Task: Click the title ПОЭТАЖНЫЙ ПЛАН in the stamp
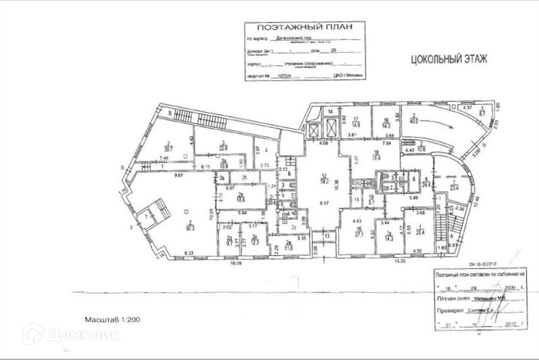(305, 27)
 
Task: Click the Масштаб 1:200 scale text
(112, 320)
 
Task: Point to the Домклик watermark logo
(71, 335)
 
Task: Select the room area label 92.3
(191, 225)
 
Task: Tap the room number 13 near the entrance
(326, 236)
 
